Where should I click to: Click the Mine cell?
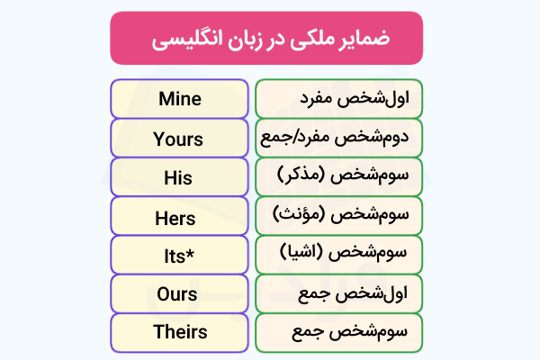click(x=179, y=99)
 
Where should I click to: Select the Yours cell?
click(x=179, y=139)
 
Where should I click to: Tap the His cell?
click(x=179, y=177)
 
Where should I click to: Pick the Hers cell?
click(x=179, y=216)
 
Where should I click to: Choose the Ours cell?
click(x=179, y=293)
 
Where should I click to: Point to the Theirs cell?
click(x=179, y=332)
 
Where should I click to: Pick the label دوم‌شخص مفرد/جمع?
click(x=338, y=139)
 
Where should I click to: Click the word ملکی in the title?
click(x=303, y=40)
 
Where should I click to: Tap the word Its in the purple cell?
click(x=175, y=255)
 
